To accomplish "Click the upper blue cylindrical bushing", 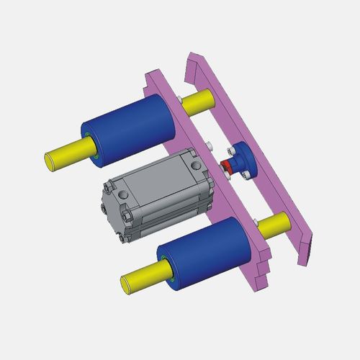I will pyautogui.click(x=133, y=126).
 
